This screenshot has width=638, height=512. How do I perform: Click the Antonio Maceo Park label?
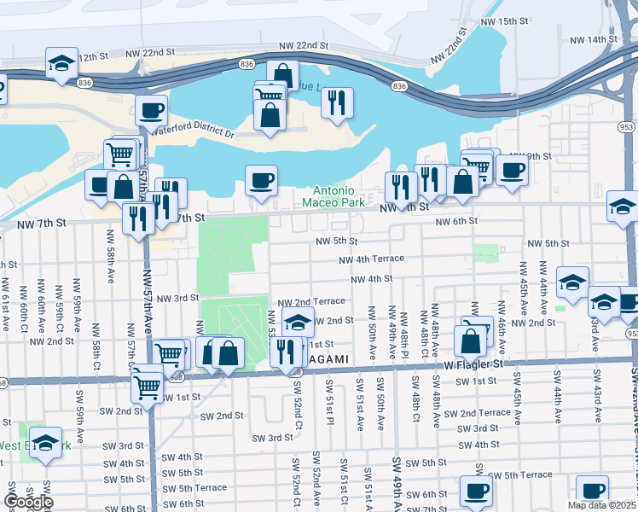339,196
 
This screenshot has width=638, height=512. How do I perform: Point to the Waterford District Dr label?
193,131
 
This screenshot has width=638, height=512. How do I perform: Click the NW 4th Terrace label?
371,259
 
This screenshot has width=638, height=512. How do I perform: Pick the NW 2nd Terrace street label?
313,301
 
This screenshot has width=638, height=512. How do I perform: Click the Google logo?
28,502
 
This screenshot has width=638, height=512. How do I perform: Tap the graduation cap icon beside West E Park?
45,443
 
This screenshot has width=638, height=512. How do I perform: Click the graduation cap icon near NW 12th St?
61,63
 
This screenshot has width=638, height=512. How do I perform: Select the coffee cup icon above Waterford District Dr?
151,110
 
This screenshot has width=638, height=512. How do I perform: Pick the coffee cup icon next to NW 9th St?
512,169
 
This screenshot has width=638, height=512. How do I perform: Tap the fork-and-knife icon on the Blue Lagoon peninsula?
337,102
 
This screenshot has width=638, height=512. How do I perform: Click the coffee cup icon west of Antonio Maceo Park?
261,180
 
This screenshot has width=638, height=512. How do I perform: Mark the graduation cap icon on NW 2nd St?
297,323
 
